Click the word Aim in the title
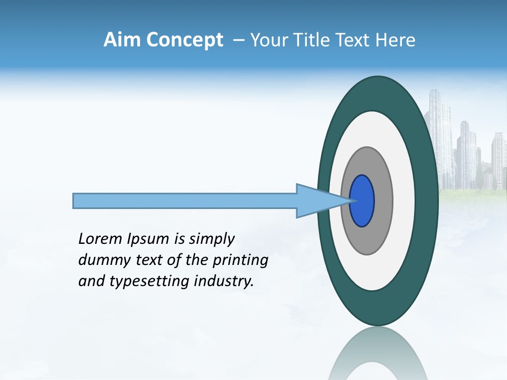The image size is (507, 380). pyautogui.click(x=123, y=40)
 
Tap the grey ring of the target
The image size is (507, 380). pyautogui.click(x=383, y=201)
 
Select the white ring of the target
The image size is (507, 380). pyautogui.click(x=403, y=201)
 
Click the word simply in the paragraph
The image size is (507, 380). pyautogui.click(x=211, y=240)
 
